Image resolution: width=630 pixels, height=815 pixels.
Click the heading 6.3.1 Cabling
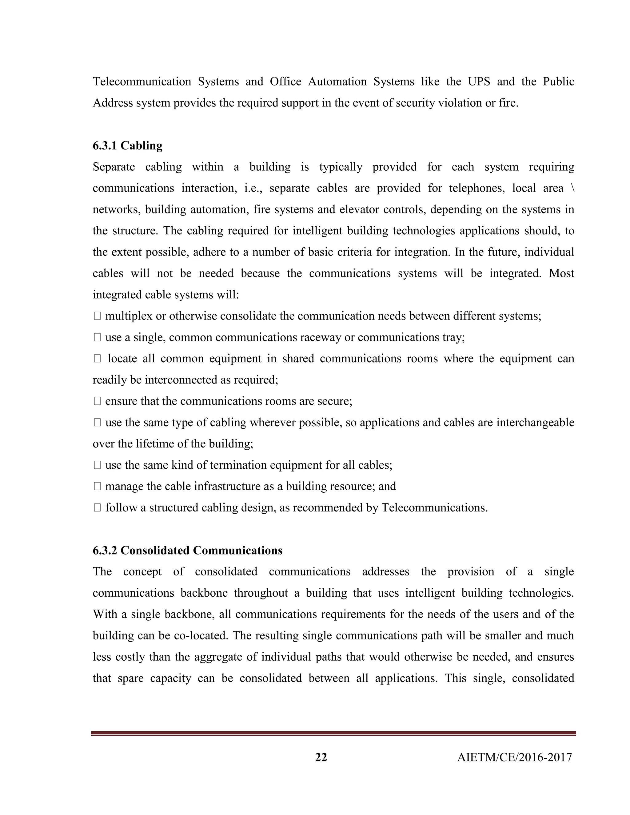[127, 145]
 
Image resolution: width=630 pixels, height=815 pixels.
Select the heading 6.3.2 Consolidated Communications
[187, 551]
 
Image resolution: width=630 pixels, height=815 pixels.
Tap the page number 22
[321, 757]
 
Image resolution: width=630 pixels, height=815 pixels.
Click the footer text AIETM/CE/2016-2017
[514, 757]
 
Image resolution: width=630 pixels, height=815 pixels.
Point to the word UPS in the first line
[479, 82]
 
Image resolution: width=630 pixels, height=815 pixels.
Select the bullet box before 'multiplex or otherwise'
[98, 316]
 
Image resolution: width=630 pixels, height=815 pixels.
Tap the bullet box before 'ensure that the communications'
[98, 401]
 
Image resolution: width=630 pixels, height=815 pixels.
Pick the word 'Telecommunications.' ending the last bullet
[434, 508]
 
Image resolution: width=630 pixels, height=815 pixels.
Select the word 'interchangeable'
[535, 423]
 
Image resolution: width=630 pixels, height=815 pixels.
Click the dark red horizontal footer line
[333, 733]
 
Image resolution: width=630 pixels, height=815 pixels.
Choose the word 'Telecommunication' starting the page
[142, 82]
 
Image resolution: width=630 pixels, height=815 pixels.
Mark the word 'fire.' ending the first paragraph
[508, 103]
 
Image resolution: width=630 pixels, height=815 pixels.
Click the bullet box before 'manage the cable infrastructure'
[98, 486]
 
